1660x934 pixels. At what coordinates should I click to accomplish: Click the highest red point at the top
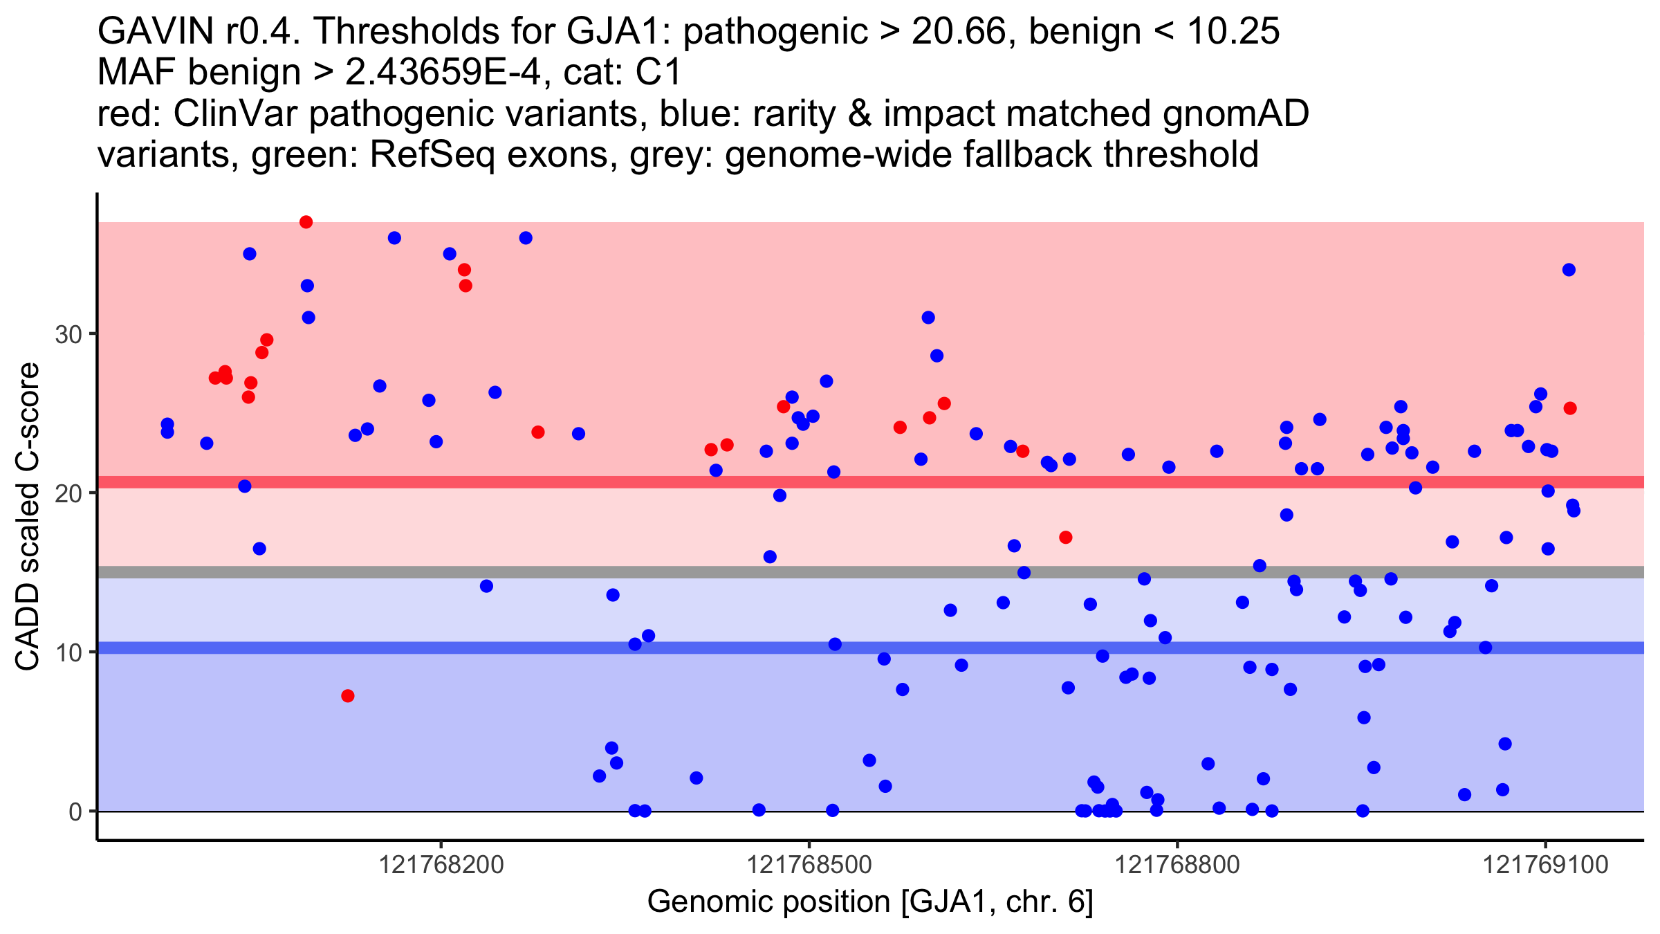(x=306, y=222)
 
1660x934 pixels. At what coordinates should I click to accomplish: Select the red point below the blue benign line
(x=348, y=696)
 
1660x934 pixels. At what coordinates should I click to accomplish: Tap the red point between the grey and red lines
(x=1066, y=538)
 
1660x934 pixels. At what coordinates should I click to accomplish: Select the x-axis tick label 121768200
(x=442, y=865)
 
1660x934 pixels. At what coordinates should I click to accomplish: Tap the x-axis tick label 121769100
(x=1546, y=865)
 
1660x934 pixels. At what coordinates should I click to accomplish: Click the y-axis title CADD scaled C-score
(x=28, y=517)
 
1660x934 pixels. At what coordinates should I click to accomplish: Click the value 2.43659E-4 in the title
(x=443, y=73)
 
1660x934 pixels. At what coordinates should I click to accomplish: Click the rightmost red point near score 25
(x=1570, y=408)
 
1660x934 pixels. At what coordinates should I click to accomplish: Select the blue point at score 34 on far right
(x=1569, y=270)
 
